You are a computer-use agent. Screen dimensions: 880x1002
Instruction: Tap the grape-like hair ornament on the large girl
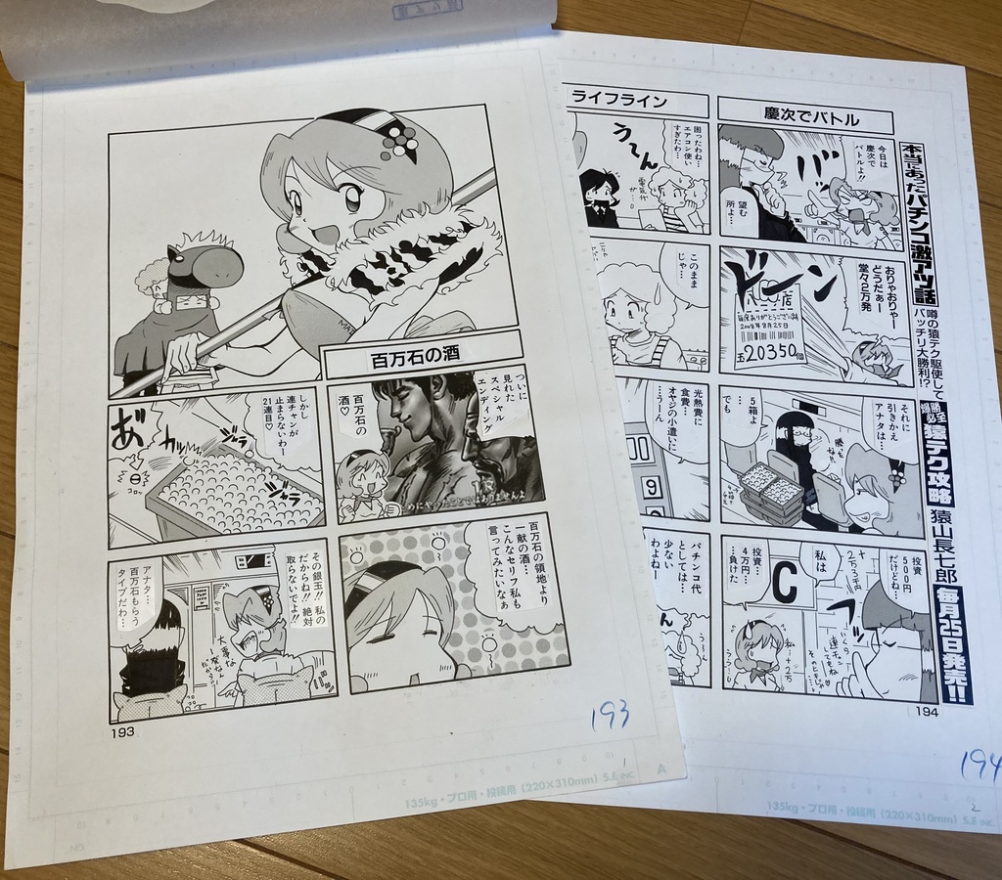[397, 139]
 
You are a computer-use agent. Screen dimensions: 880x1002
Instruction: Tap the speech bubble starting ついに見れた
[508, 411]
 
